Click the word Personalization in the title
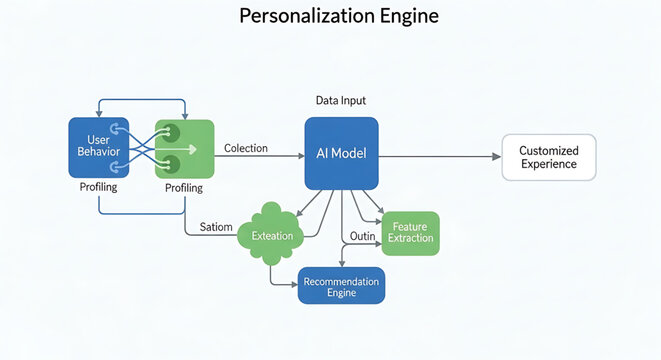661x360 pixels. tap(295, 17)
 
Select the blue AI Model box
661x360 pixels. tap(341, 153)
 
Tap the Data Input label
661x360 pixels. tap(340, 101)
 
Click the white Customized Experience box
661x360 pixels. tap(548, 157)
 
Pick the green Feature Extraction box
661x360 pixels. tap(410, 233)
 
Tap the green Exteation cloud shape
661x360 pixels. tap(271, 235)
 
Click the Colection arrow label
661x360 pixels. tap(246, 148)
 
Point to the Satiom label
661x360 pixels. tap(217, 228)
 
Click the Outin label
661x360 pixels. tap(361, 236)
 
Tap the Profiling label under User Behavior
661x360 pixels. tap(99, 187)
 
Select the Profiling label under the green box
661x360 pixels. tap(184, 188)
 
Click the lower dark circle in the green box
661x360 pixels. tap(171, 163)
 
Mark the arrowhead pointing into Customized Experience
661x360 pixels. tap(496, 156)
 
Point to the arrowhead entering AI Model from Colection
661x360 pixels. tap(299, 156)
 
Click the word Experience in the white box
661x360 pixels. tap(548, 164)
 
